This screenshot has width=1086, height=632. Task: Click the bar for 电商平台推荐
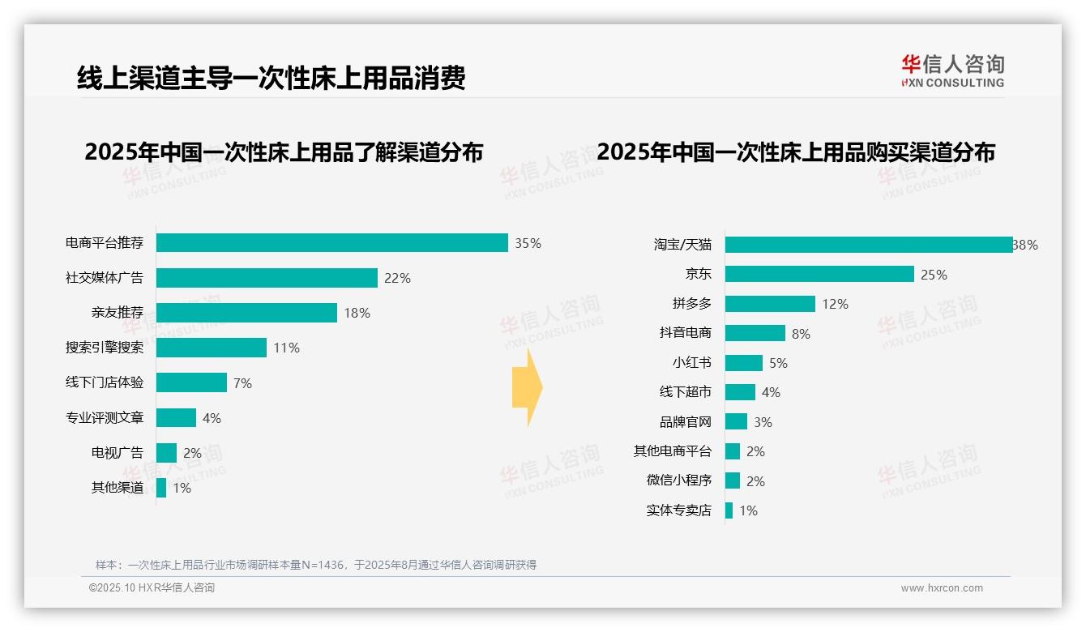(x=331, y=243)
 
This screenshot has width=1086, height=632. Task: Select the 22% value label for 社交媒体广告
(x=397, y=278)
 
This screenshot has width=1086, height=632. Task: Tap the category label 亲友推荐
(x=117, y=313)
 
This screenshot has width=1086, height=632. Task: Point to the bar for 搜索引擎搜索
(x=211, y=348)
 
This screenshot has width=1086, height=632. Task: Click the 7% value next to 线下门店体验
(x=242, y=383)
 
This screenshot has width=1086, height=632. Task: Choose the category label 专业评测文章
(x=104, y=418)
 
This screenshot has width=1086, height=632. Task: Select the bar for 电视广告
(x=166, y=453)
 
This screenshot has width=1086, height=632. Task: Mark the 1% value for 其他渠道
(x=182, y=489)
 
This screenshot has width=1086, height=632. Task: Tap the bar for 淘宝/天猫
(x=868, y=245)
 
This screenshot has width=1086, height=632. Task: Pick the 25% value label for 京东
(x=934, y=275)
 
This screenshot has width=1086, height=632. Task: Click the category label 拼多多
(x=691, y=304)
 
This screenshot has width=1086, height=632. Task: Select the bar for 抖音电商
(x=755, y=333)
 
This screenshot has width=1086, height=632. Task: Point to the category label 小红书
(x=691, y=363)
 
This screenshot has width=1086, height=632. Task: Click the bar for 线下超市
(x=740, y=392)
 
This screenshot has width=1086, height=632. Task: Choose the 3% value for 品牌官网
(x=763, y=422)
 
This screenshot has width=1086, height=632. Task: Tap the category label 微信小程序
(x=678, y=480)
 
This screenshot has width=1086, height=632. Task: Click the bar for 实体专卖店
(x=729, y=510)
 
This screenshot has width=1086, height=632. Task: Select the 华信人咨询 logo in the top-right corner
(x=952, y=70)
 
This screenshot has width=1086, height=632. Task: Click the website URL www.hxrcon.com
(x=942, y=588)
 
